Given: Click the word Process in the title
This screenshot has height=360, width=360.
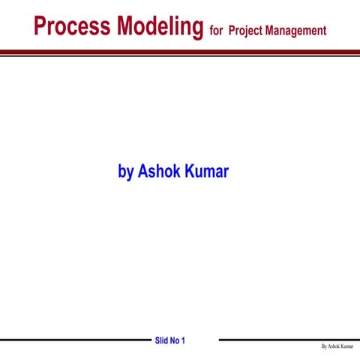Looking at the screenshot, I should click(70, 27).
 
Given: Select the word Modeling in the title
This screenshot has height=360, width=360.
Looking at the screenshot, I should click(157, 27).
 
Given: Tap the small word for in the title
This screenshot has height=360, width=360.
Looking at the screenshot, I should click(217, 31).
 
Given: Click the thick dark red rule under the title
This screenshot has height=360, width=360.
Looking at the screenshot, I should click(180, 52).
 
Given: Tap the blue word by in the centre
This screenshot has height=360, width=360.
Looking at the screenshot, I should click(125, 172).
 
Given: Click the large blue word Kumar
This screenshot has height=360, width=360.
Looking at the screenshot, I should click(208, 171).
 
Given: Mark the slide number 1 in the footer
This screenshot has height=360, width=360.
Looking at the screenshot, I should click(183, 340).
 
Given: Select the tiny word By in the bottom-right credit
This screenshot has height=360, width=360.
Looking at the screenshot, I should click(323, 347).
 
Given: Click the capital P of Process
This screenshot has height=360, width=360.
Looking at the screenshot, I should click(40, 27).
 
